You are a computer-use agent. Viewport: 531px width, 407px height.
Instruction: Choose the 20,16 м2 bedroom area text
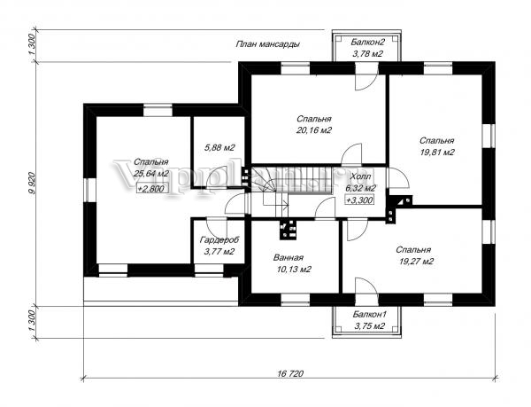[x=314, y=130]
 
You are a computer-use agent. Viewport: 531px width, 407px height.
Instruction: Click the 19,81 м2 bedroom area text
[x=437, y=153]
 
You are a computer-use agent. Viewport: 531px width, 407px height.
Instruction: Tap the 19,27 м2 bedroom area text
[x=414, y=262]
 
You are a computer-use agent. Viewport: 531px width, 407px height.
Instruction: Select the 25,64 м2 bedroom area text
[x=151, y=174]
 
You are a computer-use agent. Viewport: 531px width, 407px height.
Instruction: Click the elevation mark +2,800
[x=152, y=189]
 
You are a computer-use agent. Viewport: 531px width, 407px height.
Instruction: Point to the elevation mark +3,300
[x=360, y=200]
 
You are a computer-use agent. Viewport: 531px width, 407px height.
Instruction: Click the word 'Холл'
[x=361, y=176]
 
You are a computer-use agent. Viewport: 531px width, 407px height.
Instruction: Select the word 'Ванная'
[x=292, y=257]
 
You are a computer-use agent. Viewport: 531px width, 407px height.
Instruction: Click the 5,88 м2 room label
[x=219, y=147]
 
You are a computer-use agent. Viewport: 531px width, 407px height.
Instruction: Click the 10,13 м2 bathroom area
[x=293, y=269]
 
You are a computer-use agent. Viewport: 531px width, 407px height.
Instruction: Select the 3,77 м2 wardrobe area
[x=219, y=252]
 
